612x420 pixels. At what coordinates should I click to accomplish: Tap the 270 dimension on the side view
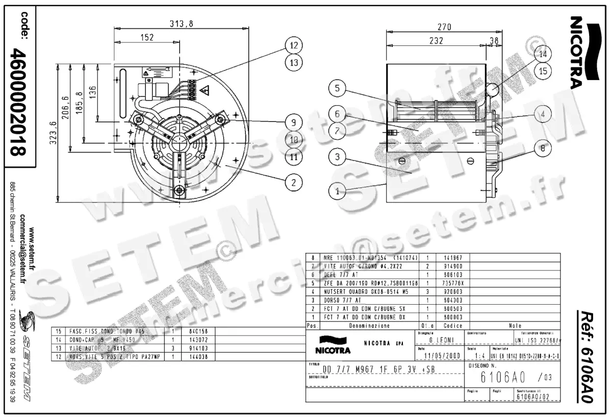444,28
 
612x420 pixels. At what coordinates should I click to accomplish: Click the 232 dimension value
436,41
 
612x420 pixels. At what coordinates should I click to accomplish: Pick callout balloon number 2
293,181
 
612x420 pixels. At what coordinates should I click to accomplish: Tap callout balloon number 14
543,54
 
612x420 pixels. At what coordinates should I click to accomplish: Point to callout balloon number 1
337,192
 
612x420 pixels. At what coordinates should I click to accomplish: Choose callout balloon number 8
543,149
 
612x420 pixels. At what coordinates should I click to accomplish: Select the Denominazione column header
369,325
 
